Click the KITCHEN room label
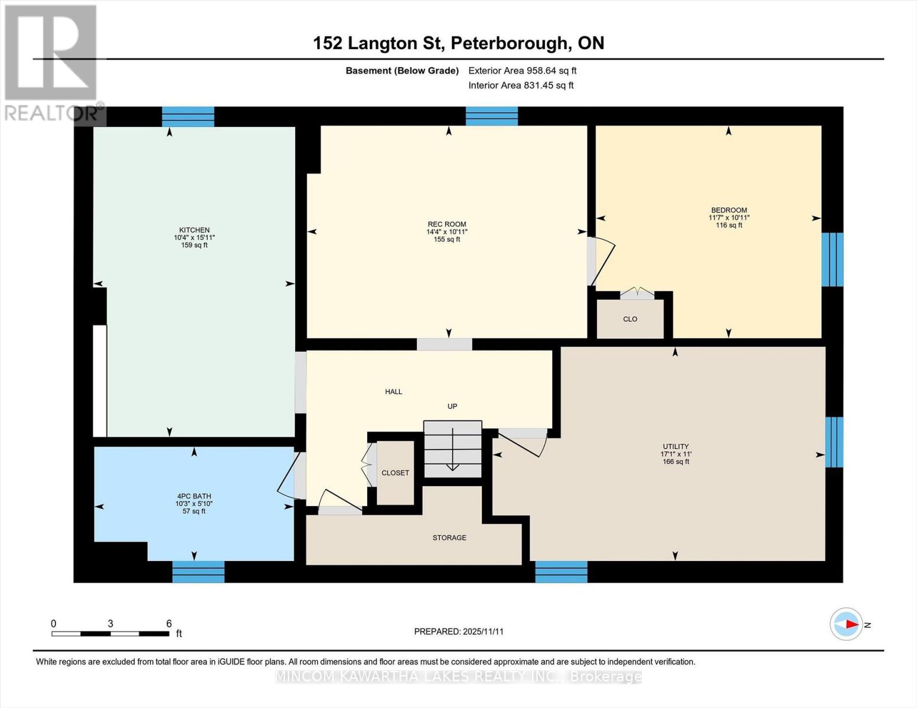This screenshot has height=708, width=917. coord(194,230)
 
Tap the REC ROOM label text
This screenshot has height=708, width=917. coord(447,224)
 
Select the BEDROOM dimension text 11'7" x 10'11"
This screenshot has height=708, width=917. coord(729,218)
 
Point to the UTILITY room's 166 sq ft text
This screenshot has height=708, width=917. coord(675,462)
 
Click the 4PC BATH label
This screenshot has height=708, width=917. coord(194,496)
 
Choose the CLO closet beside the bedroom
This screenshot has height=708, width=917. coord(630,319)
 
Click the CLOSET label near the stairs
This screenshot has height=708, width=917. coord(395,473)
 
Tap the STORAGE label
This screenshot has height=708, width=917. coord(449,537)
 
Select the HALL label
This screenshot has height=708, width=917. coord(394,391)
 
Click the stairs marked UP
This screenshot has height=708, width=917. coord(453,448)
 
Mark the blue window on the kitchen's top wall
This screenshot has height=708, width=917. coord(188,116)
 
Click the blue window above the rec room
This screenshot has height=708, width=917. coord(491,116)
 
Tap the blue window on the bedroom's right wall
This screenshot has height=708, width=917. coord(833,259)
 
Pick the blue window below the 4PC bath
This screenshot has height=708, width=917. coord(198,572)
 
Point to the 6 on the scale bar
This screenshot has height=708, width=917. coord(169,624)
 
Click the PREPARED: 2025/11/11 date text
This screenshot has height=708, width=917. coord(458,631)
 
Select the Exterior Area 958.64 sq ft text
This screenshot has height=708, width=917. coord(522,71)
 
